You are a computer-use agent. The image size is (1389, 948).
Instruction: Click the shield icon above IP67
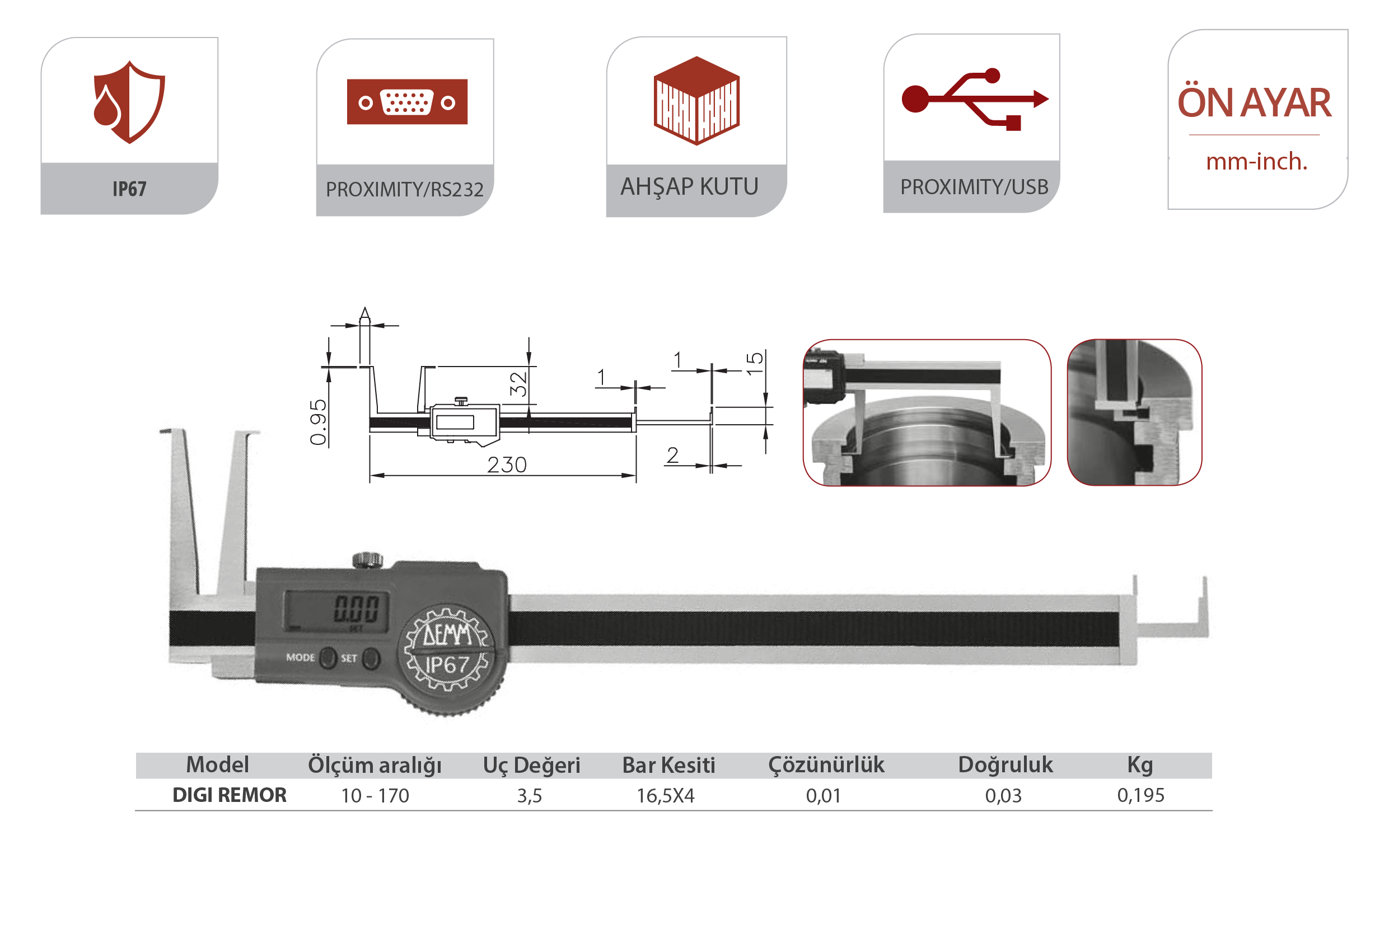pos(129,101)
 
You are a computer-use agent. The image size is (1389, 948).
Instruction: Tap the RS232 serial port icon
pos(407,101)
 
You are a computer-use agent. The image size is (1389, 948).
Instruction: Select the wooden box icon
pos(696,100)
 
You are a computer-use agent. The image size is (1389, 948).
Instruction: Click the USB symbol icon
pos(975,99)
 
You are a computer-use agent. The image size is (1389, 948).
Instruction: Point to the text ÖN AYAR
pos(1254,102)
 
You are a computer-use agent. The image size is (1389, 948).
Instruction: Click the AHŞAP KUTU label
pos(689,187)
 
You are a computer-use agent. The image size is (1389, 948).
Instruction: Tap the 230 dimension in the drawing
pos(507,464)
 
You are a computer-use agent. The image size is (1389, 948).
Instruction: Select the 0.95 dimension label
pos(319,423)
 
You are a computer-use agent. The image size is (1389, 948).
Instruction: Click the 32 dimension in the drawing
pos(518,384)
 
